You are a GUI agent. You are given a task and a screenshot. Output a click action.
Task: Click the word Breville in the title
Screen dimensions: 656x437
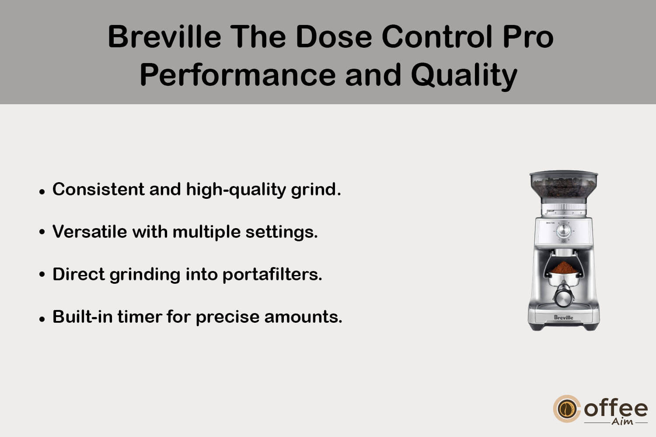[x=164, y=37]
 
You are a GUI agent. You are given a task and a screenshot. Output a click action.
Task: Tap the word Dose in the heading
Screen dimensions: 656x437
[x=334, y=37]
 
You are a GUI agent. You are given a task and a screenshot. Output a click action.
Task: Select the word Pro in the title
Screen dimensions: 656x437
[x=528, y=37]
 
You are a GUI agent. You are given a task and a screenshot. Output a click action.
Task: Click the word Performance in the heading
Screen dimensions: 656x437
[x=237, y=75]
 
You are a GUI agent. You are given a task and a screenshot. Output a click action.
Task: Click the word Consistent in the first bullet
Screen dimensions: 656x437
[x=98, y=189]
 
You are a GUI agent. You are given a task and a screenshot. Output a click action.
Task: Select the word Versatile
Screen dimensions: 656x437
[x=90, y=232]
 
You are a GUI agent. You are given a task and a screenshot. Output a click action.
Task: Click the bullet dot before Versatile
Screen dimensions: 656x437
[x=42, y=232]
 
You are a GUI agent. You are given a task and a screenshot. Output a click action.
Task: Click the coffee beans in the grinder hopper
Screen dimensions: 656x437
[x=563, y=187]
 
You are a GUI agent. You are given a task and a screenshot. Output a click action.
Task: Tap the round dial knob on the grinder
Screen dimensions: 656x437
[x=563, y=230]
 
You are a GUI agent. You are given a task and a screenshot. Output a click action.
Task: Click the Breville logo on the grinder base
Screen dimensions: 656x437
[x=563, y=317]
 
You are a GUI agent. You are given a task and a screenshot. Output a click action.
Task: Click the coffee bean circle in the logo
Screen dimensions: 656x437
[x=566, y=409]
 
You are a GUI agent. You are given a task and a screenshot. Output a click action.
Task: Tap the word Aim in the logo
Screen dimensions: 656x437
[x=622, y=422]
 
